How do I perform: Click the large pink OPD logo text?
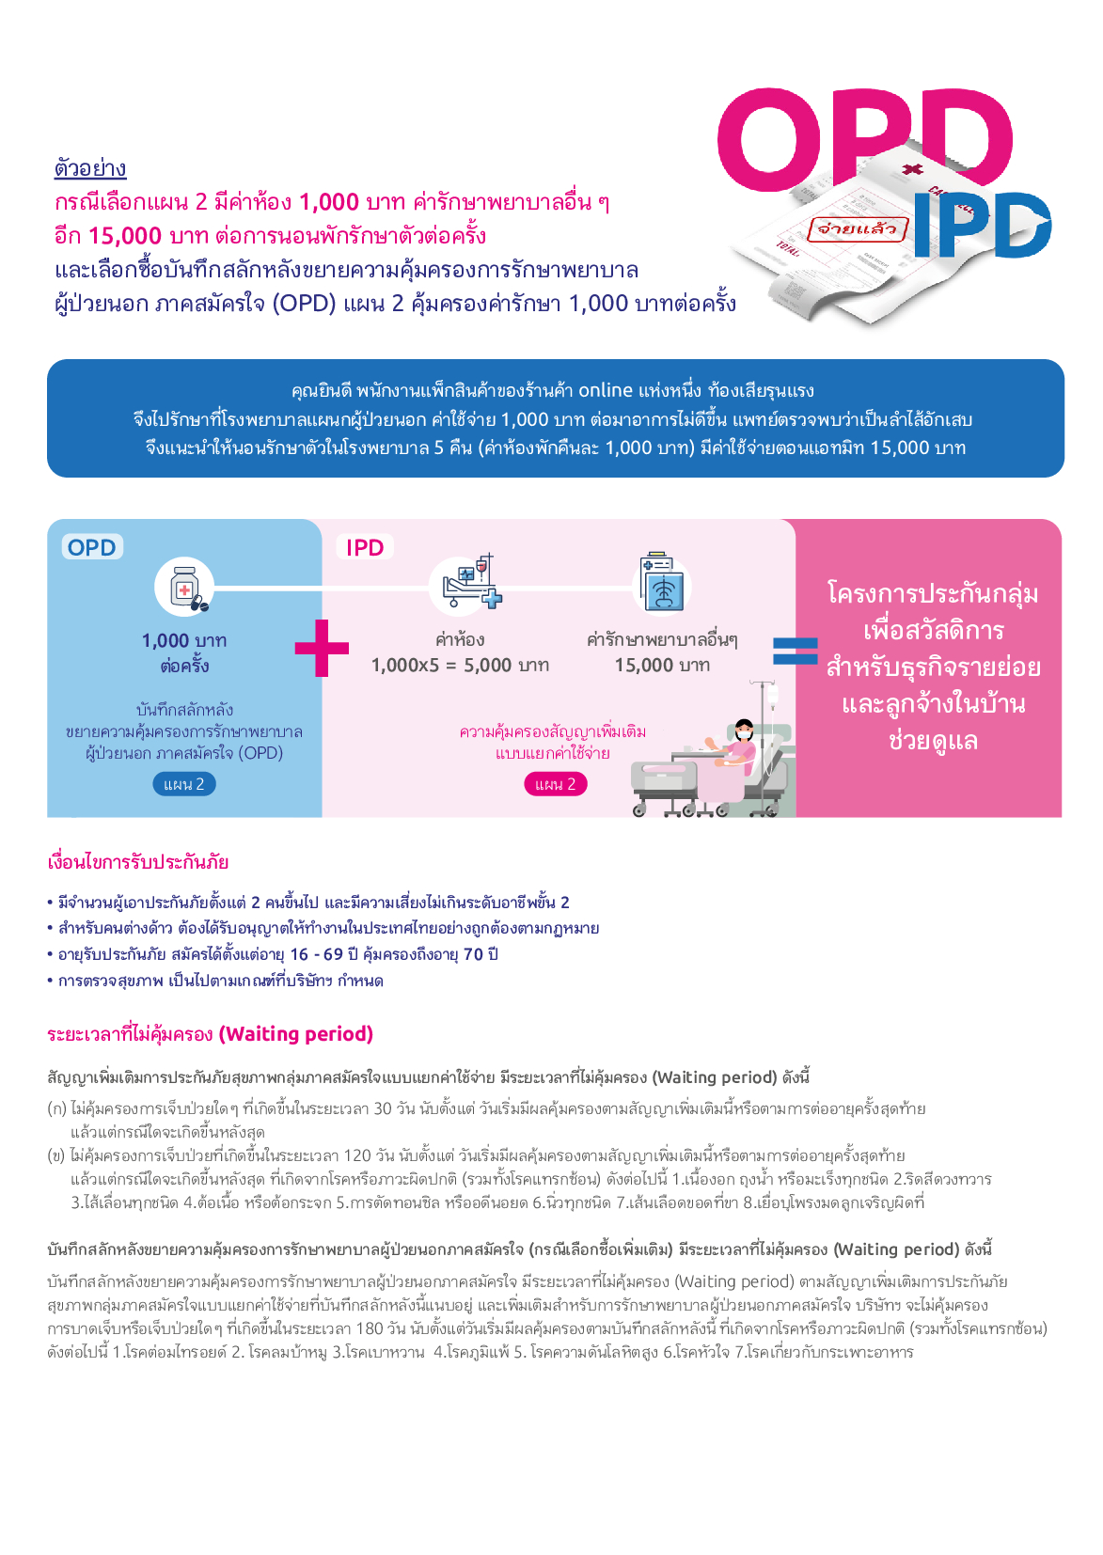coord(864,139)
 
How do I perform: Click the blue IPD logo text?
coord(983,224)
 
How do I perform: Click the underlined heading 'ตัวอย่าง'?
coord(90,168)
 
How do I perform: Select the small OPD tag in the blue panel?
coord(92,547)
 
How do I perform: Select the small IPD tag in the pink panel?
coord(365,547)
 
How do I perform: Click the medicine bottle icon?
coord(185,588)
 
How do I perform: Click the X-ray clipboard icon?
coord(662,582)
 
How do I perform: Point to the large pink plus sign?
coord(323,648)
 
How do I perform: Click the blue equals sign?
coord(796,651)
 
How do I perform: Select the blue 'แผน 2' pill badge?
coord(184,784)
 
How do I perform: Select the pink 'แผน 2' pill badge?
coord(556,784)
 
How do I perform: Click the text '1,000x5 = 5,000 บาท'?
coord(460,665)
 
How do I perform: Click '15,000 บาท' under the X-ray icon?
coord(662,665)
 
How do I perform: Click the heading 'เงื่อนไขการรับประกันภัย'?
coord(137,862)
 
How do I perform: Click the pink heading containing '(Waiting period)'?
coord(210,1034)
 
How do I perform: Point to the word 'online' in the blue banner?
coord(606,390)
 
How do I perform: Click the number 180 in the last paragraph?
coord(370,1328)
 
